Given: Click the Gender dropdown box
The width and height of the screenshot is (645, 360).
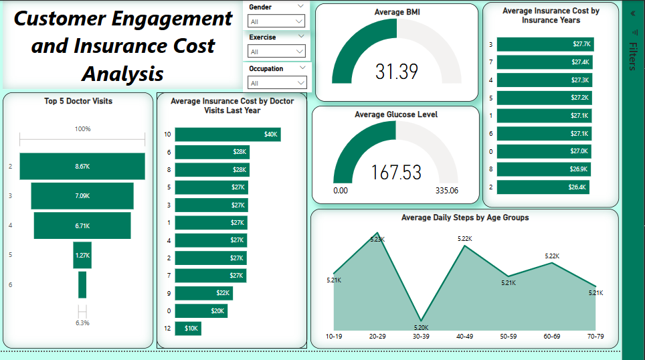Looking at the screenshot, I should (276, 21).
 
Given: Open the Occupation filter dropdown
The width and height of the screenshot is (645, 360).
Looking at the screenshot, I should (276, 83).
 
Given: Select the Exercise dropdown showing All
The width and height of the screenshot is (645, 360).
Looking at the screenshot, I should (276, 52).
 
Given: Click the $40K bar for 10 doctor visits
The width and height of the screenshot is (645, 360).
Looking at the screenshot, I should (227, 134).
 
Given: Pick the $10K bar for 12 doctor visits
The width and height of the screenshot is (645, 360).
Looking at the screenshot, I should (188, 329).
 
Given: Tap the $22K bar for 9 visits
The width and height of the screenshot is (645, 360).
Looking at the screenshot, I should (204, 293).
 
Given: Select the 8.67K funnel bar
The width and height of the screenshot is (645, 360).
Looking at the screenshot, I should (82, 166).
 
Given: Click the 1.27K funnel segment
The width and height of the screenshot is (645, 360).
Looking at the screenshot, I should (82, 255).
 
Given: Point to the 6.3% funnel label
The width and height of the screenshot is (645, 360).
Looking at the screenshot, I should (82, 323).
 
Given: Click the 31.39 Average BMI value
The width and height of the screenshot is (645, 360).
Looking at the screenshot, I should (397, 72).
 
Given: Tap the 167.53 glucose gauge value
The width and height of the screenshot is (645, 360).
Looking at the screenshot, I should (397, 173).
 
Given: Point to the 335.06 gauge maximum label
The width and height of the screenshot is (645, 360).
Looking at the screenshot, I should (446, 191).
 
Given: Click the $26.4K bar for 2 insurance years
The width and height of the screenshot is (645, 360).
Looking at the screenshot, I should (543, 187).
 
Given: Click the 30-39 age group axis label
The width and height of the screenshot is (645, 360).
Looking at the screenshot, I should (420, 336).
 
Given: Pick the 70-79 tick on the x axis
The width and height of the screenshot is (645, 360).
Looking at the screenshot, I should (595, 336).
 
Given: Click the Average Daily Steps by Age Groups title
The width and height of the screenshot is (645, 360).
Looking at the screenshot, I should (464, 217).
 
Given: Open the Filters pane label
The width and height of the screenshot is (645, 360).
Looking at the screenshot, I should (632, 56).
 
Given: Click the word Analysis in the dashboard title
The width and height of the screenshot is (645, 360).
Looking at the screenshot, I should (124, 73).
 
